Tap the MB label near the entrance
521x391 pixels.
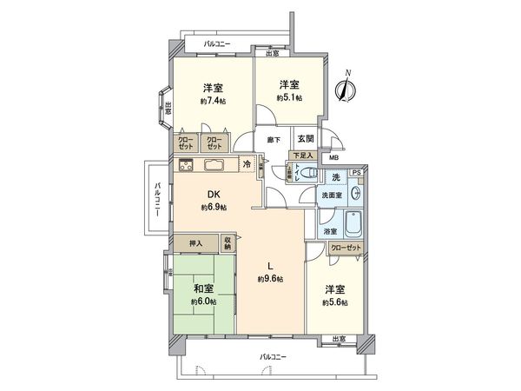(x=333, y=157)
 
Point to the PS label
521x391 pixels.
(x=355, y=173)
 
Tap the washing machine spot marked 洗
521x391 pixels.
(x=335, y=177)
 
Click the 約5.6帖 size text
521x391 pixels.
(x=333, y=302)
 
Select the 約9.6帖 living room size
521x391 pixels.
(x=270, y=279)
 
